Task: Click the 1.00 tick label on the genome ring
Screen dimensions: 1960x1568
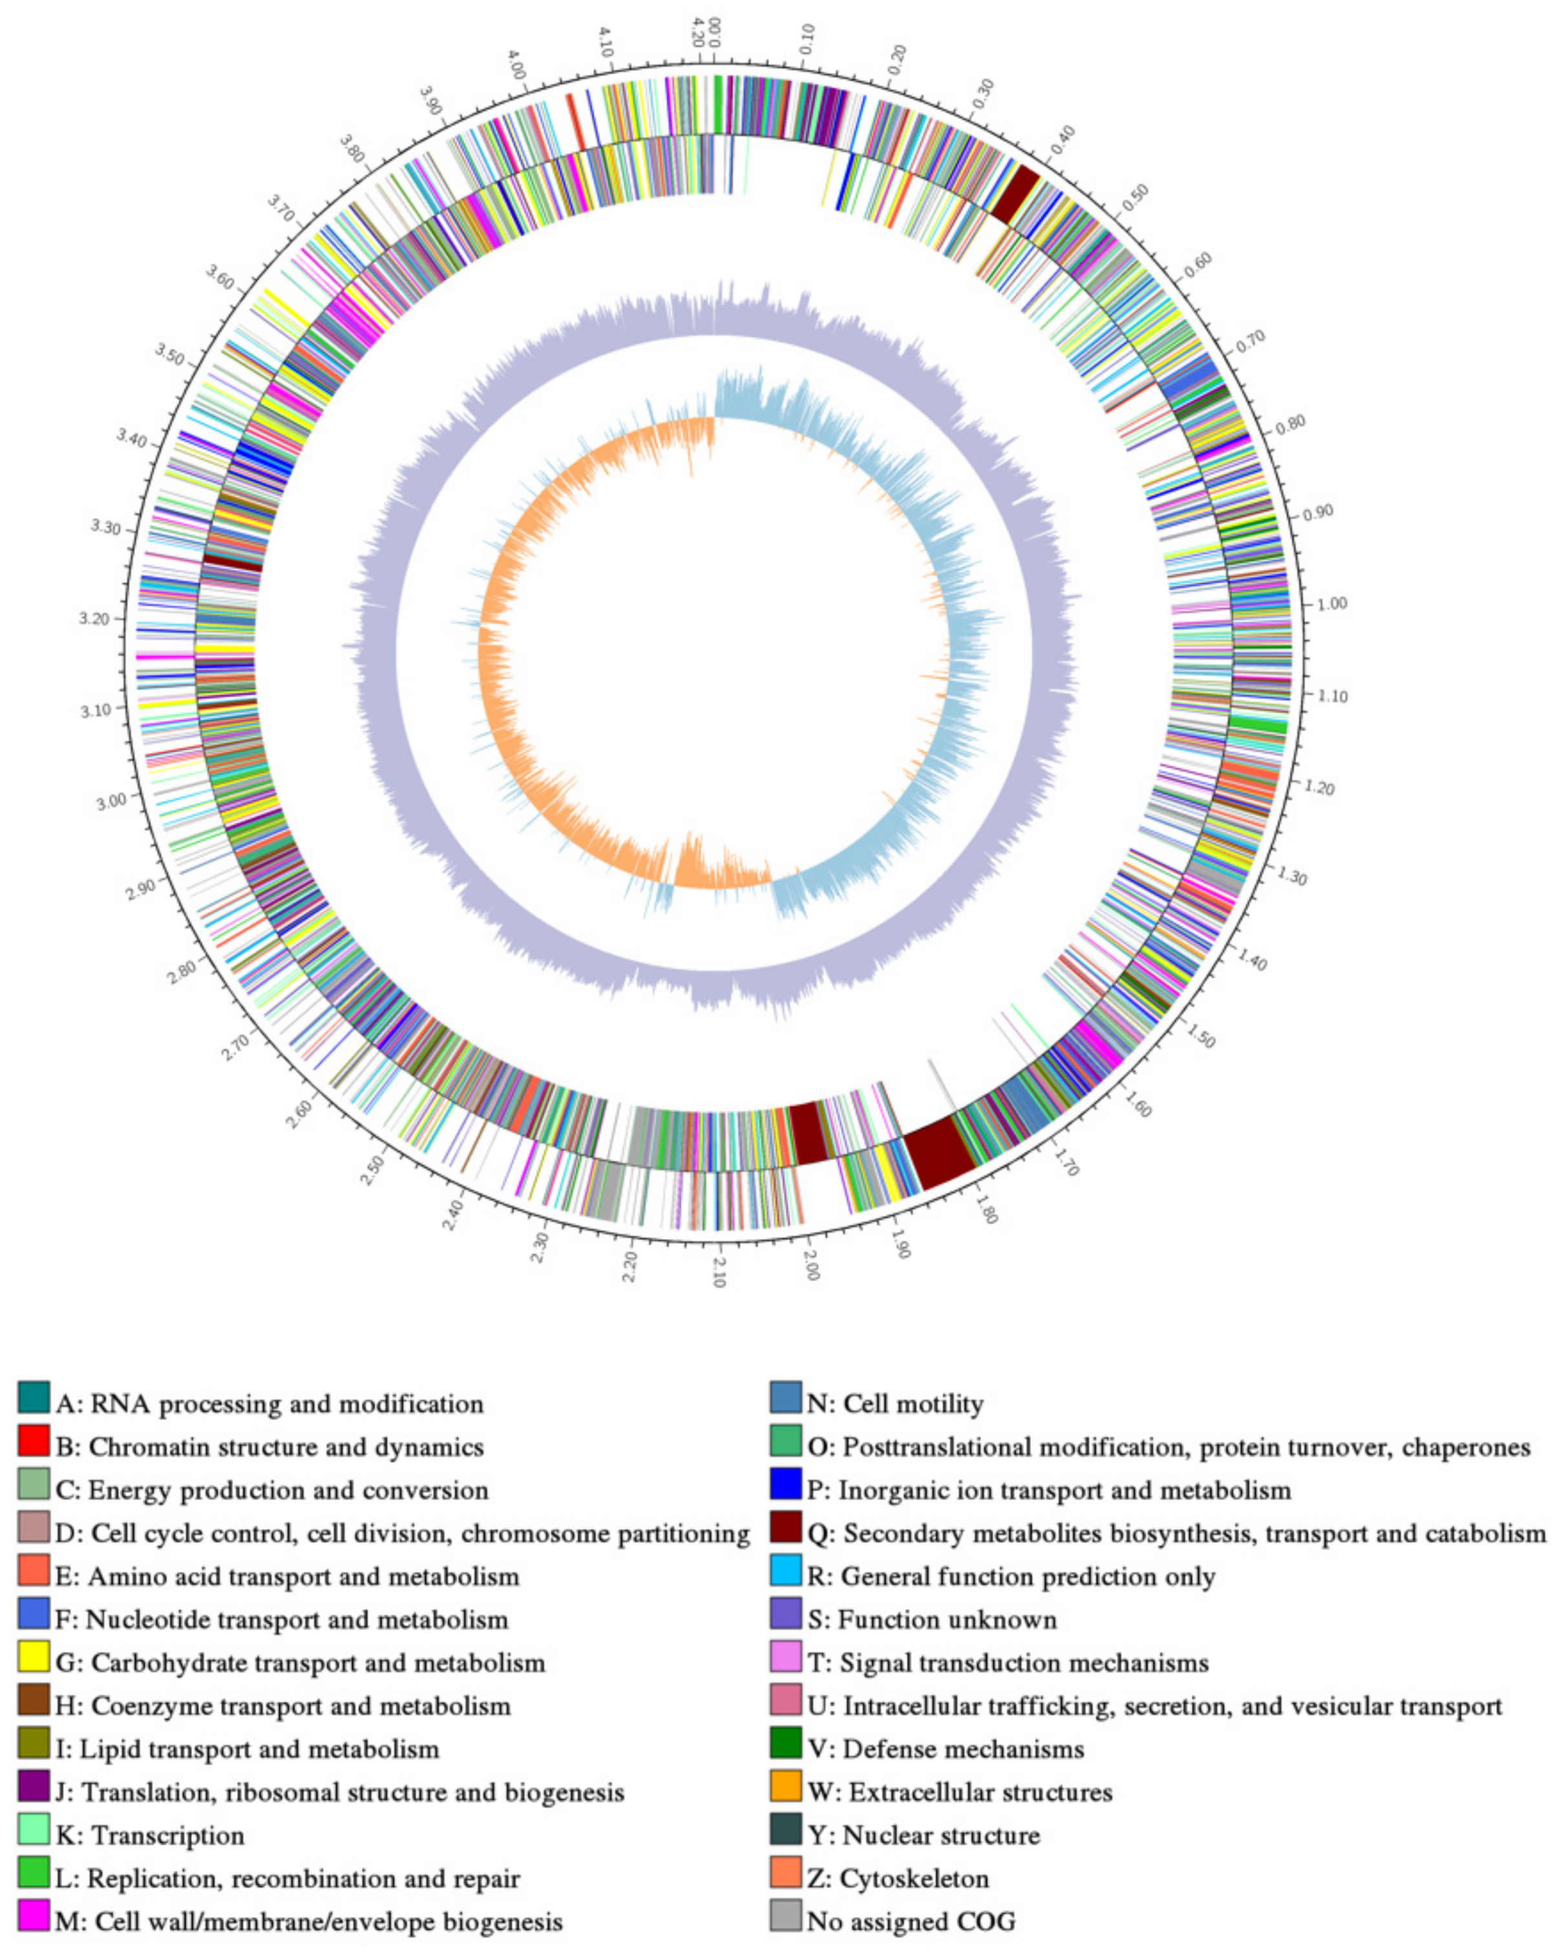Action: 1333,603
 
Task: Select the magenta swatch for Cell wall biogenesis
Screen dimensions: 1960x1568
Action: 34,1917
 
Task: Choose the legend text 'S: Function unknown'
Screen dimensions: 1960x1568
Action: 932,1619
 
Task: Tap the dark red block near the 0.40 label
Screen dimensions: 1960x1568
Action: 1014,193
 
